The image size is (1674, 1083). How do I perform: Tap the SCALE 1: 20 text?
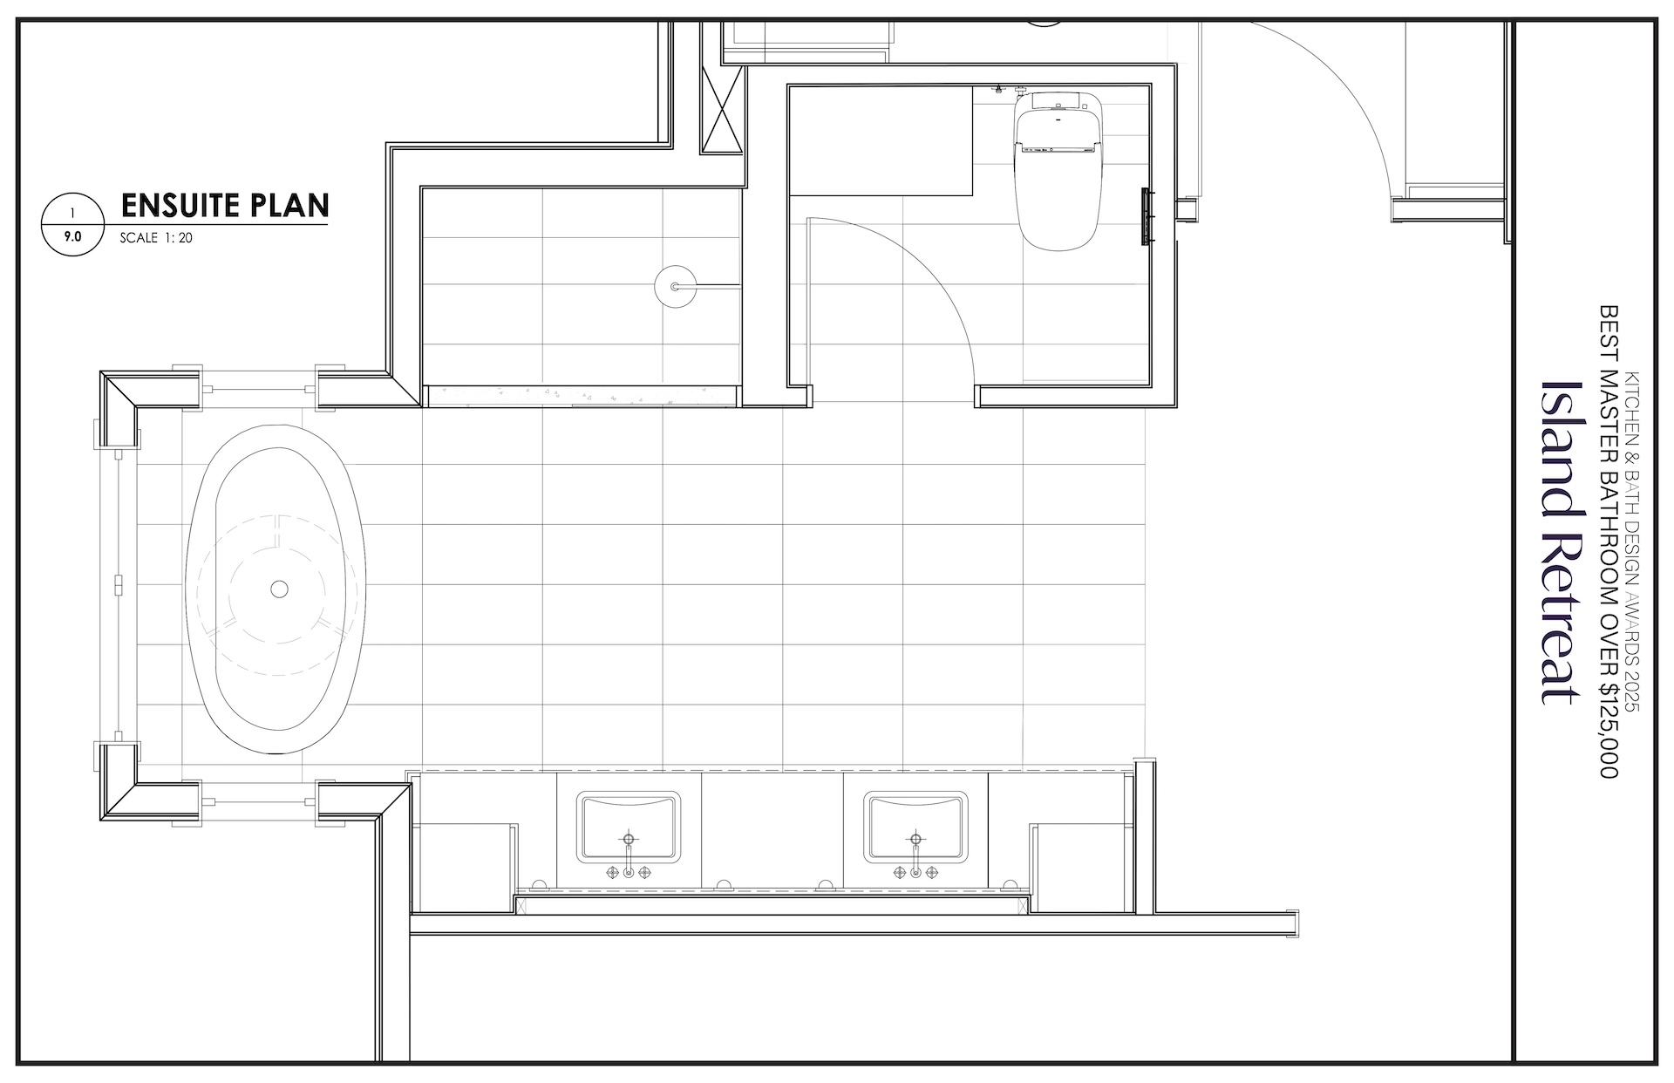[156, 237]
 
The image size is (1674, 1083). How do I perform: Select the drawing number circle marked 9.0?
[73, 225]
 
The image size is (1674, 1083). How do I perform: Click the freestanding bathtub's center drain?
[279, 589]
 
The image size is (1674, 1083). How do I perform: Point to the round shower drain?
[676, 285]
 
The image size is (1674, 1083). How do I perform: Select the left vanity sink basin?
[629, 826]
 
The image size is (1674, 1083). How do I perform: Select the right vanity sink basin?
[915, 826]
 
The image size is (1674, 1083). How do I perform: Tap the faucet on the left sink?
[629, 859]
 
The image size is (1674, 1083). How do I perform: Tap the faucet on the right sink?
[915, 859]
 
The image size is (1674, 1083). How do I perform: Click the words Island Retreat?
[1559, 542]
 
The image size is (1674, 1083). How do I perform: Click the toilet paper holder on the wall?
[1147, 216]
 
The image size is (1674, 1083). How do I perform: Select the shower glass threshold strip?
[582, 396]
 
